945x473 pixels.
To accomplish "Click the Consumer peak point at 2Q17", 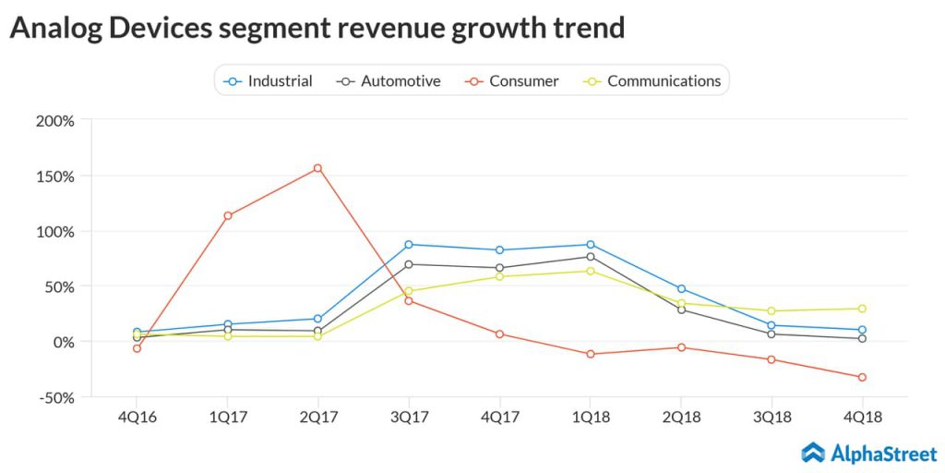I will [x=317, y=168].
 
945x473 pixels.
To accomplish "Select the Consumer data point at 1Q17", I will [x=227, y=216].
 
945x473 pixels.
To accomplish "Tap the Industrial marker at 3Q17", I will [x=409, y=245].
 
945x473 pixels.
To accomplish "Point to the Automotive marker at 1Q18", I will [x=590, y=257].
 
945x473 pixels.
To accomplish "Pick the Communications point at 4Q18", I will [x=862, y=309].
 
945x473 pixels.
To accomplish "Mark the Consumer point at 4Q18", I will [x=862, y=377].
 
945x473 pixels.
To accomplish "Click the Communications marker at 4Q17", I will [x=499, y=276].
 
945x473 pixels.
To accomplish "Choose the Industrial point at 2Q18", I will [x=681, y=289].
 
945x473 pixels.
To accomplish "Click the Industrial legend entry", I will [x=269, y=81].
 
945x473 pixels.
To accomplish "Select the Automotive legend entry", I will [x=389, y=81].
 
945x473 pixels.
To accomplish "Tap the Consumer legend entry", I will [x=512, y=81].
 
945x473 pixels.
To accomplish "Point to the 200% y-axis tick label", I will [x=55, y=120].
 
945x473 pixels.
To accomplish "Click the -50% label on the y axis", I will [x=55, y=397].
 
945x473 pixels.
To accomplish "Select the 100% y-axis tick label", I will [x=55, y=231].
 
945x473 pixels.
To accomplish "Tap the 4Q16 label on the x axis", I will [x=137, y=418].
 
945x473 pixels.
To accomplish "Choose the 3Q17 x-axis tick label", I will [x=409, y=418].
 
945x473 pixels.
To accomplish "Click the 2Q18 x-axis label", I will [x=681, y=418].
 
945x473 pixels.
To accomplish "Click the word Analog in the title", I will [x=54, y=28].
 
